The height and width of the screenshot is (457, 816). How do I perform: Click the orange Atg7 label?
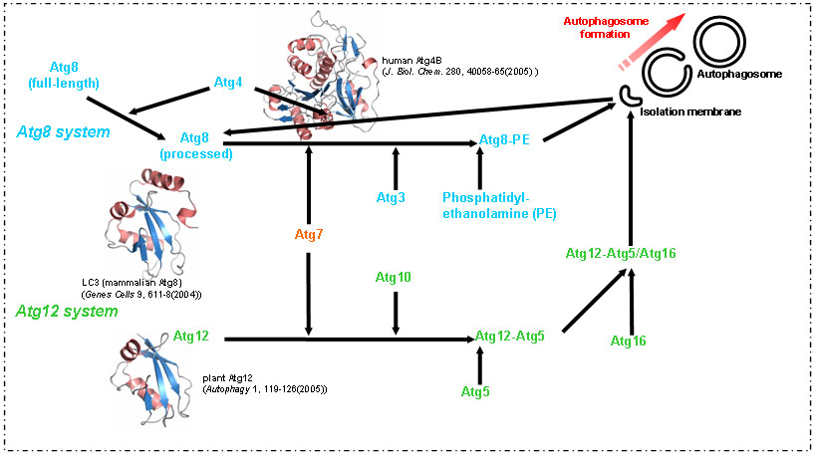(x=309, y=235)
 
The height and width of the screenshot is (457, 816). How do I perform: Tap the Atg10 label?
(x=396, y=276)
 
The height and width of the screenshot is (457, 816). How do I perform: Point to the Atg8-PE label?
(x=503, y=140)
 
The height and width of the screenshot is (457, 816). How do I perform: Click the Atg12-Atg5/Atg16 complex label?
(x=621, y=254)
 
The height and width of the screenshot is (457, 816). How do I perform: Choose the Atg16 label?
(x=628, y=342)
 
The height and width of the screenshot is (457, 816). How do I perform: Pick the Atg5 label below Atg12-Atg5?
(x=476, y=392)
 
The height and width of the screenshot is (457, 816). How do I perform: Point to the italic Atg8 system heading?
(x=62, y=131)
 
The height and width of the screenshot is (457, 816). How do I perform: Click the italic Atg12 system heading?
(x=67, y=312)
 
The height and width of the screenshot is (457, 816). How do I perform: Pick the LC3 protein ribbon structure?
(x=147, y=221)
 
